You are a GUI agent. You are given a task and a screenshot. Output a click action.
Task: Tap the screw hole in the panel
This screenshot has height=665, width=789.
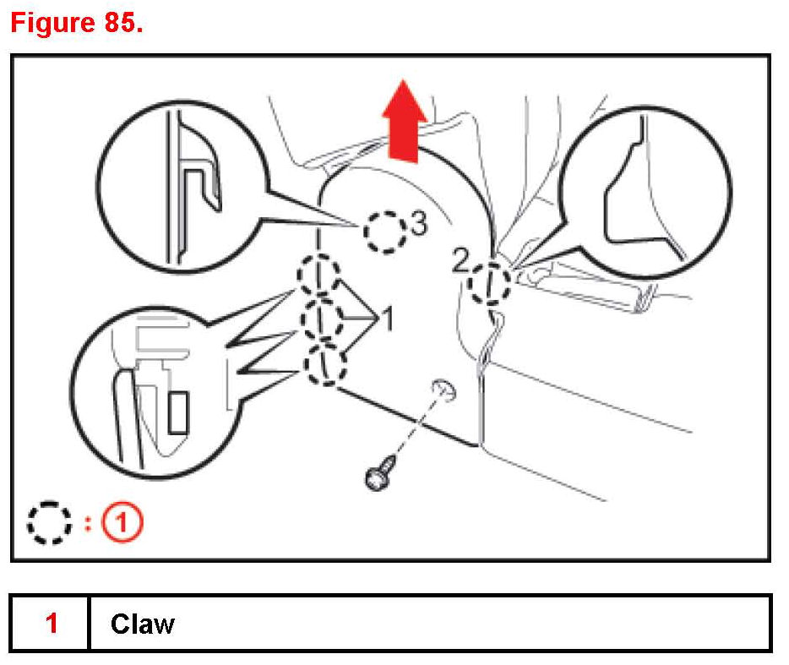pos(443,388)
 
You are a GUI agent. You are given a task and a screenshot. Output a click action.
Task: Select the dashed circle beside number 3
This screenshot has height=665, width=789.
pos(385,231)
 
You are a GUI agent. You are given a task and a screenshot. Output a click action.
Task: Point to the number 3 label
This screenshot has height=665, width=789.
pos(418,223)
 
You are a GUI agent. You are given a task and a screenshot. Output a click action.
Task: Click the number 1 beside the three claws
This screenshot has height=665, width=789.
pos(387,319)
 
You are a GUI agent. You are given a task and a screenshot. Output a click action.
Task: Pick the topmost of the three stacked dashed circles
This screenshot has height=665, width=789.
pos(318,274)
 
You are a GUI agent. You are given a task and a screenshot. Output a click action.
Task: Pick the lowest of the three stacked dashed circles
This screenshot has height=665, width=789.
pos(325,366)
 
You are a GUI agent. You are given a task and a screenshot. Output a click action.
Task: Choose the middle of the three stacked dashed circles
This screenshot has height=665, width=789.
pos(322,319)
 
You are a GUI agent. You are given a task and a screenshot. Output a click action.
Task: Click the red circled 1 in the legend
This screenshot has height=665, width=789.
pos(123,523)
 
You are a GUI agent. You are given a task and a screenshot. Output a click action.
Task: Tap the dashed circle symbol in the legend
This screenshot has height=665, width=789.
pos(47,523)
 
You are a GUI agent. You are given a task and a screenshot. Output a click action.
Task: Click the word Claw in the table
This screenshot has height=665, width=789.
pos(142,624)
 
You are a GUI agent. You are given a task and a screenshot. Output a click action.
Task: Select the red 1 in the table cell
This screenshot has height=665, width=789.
pos(52,624)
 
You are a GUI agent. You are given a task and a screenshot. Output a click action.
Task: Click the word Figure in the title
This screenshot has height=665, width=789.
pos(50,23)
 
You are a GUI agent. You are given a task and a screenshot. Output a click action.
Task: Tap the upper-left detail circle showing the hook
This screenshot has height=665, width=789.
pos(180,188)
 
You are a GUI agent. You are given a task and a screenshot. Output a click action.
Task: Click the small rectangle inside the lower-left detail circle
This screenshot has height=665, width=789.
pos(178,412)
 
